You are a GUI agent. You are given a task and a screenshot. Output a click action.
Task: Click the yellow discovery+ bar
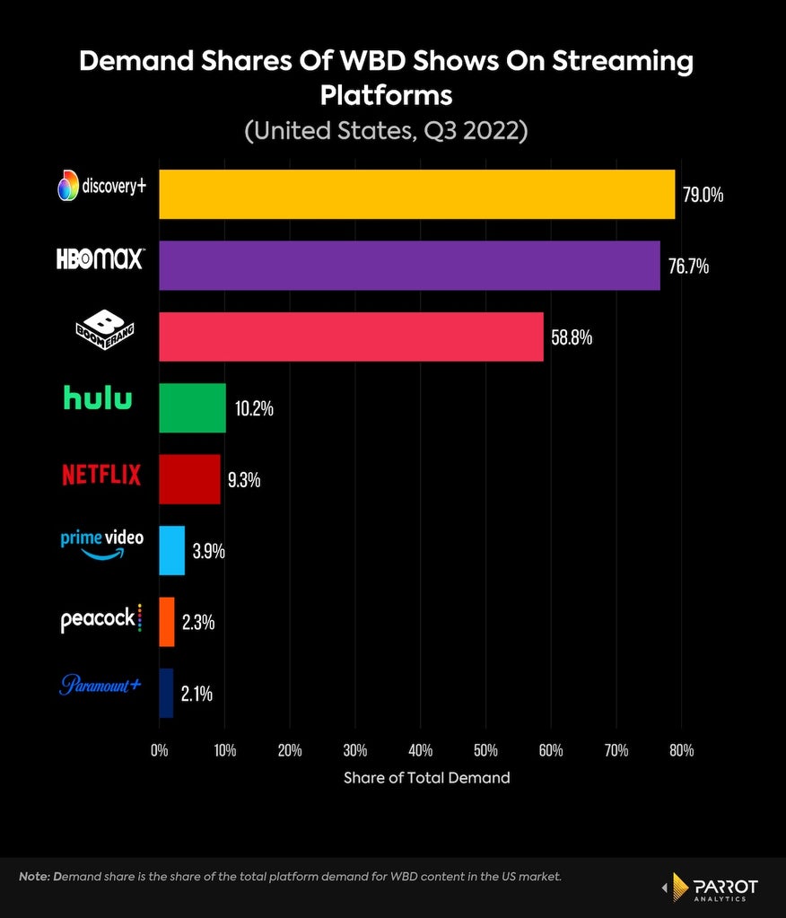(416, 195)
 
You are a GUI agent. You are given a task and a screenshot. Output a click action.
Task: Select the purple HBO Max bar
(410, 266)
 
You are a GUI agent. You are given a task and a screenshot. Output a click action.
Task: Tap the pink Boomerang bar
(351, 337)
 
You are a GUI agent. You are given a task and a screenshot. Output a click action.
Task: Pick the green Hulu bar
(193, 408)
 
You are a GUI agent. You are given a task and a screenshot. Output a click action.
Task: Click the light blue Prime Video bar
(172, 550)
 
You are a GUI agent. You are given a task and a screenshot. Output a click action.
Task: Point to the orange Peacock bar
(167, 622)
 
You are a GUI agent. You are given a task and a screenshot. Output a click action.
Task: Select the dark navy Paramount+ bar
(166, 693)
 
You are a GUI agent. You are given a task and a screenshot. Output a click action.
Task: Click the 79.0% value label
(703, 195)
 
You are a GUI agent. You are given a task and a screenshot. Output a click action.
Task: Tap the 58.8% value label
(572, 337)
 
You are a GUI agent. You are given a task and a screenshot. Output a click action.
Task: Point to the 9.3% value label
(244, 480)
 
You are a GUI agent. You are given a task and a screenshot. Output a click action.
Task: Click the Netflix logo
(101, 475)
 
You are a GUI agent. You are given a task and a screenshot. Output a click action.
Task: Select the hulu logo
(98, 398)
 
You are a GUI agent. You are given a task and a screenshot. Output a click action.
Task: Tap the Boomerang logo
(105, 329)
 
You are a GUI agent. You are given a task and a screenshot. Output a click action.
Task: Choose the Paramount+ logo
(100, 685)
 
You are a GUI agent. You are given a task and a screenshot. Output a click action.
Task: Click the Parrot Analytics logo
(710, 887)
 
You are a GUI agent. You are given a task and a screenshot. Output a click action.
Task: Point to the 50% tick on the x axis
(485, 750)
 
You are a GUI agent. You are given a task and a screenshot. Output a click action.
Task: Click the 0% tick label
(159, 750)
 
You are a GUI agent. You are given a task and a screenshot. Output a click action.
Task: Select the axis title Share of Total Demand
(427, 778)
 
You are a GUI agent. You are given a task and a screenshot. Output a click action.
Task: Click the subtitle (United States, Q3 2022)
(386, 130)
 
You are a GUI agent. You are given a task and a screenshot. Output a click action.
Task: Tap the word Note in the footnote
(34, 877)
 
